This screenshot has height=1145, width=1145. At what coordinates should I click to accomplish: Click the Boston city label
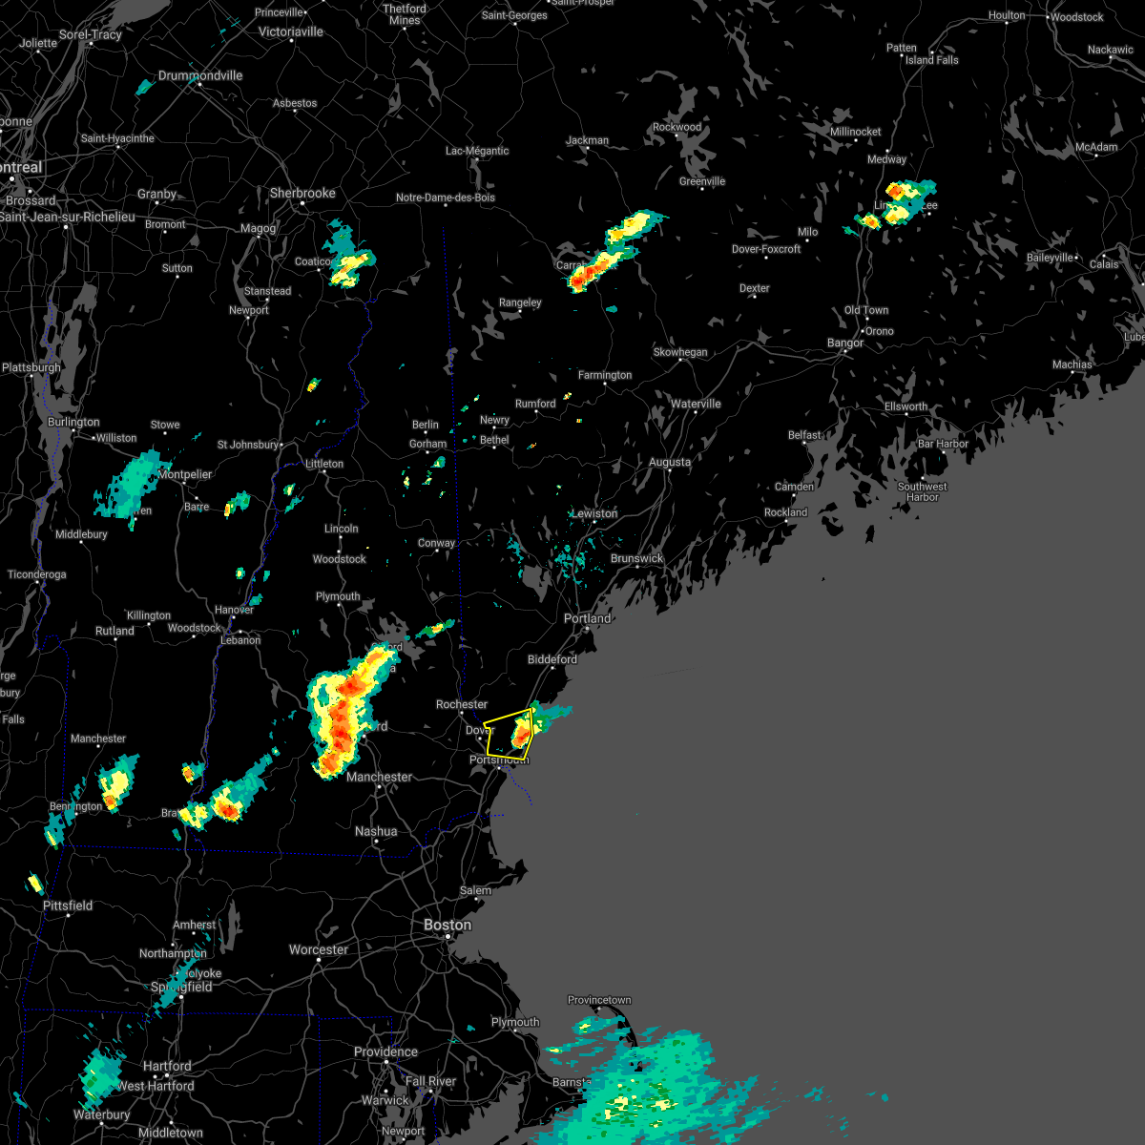(x=448, y=925)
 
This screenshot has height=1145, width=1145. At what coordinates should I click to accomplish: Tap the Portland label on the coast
(x=587, y=618)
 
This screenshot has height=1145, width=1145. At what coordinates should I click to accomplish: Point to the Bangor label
(x=845, y=343)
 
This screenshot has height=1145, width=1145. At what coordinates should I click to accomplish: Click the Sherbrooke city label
(x=302, y=193)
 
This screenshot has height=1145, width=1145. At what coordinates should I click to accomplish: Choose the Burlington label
(x=73, y=422)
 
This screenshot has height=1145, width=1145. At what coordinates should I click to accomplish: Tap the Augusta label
(x=670, y=462)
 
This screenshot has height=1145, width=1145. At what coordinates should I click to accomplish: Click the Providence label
(x=385, y=1051)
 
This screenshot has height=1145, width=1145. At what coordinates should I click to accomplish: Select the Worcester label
(x=319, y=949)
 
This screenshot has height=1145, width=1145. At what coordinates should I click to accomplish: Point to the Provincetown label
(x=599, y=1000)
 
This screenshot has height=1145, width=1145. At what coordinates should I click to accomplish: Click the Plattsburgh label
(x=31, y=367)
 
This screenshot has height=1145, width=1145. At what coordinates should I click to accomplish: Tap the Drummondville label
(x=200, y=75)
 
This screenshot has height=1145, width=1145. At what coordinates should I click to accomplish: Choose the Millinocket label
(x=856, y=132)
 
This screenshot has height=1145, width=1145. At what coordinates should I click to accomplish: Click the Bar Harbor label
(x=943, y=444)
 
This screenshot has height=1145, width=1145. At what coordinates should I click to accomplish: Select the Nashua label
(x=376, y=831)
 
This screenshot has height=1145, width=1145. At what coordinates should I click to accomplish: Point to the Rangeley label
(x=520, y=302)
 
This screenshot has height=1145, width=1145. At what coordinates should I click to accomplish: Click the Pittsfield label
(x=68, y=906)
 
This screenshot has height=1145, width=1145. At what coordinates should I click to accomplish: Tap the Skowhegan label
(x=680, y=352)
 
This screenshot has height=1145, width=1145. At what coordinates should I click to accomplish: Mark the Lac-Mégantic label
(x=477, y=151)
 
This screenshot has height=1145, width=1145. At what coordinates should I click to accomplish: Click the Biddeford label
(x=552, y=659)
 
